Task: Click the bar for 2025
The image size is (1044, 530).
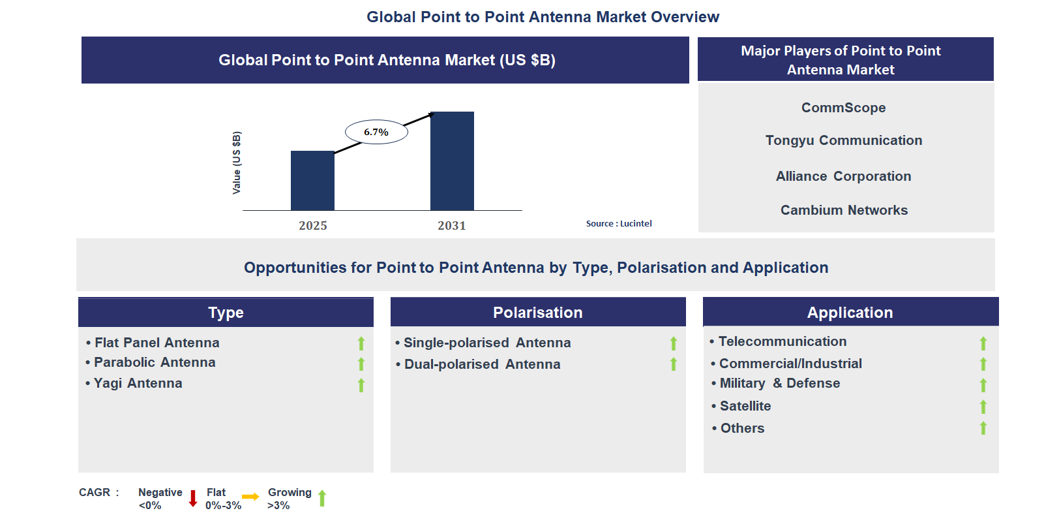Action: pos(312,181)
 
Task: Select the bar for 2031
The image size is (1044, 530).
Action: pos(452,161)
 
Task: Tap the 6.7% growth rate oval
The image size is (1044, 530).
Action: pos(376,132)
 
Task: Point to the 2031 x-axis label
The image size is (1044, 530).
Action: pos(452,226)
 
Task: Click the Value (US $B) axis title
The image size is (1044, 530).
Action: pos(237,163)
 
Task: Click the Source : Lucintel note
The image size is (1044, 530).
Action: pos(618,223)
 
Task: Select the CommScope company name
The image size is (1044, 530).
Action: pos(843,108)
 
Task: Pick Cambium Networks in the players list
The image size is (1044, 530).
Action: pos(844,210)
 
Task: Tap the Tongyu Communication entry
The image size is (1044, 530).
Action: pos(843,140)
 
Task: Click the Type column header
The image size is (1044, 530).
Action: pos(226,313)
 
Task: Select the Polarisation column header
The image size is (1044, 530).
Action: pos(537,313)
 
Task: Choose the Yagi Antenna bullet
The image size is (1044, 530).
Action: pos(138,383)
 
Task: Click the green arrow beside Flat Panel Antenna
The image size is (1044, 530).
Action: pos(361,343)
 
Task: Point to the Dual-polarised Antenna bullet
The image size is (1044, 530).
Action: pos(482,364)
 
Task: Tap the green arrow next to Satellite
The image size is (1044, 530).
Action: pos(983,407)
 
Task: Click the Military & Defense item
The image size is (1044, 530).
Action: pos(779,383)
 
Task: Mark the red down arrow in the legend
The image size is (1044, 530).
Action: pos(193,499)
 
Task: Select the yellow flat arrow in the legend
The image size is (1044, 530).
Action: pos(250,497)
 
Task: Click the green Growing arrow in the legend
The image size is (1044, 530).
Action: pos(322,499)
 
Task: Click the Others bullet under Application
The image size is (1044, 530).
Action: pos(742,428)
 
